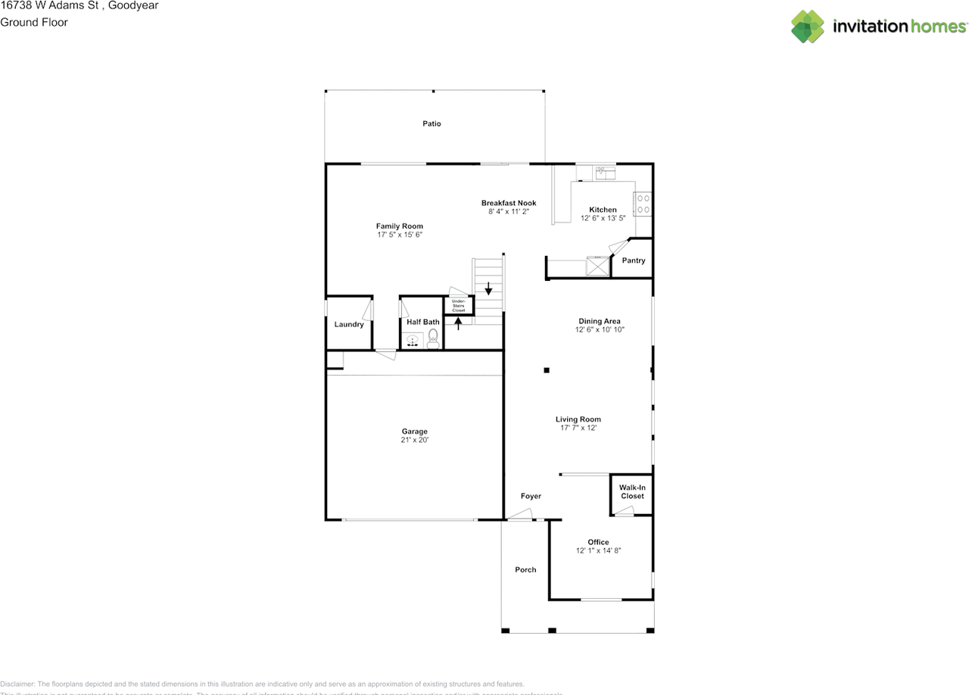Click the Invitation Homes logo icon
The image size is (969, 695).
[807, 26]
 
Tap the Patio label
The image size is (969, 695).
[432, 123]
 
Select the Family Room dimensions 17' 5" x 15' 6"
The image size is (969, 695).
[400, 235]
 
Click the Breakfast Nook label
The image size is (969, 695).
[509, 203]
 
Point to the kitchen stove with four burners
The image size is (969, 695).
[643, 204]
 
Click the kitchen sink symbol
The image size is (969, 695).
[604, 172]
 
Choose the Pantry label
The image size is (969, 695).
[634, 260]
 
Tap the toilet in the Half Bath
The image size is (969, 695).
[433, 338]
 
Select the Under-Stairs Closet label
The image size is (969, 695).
[459, 306]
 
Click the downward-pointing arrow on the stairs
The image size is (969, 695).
[489, 288]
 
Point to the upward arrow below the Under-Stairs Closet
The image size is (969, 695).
[458, 324]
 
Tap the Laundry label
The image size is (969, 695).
[349, 325]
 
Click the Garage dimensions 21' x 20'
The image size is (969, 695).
[415, 440]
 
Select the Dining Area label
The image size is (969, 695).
[600, 321]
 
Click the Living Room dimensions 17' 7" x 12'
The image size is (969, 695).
[578, 429]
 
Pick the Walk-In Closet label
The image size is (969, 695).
[632, 491]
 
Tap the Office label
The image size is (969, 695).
[599, 542]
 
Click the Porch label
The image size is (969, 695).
[525, 570]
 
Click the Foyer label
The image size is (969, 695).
[531, 496]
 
